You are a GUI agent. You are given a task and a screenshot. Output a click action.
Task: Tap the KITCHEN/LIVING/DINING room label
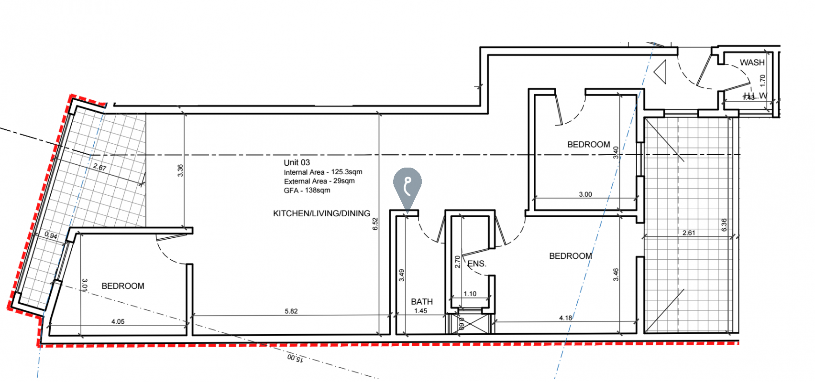[x=321, y=213]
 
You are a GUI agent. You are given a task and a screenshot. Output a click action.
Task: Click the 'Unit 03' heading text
[x=297, y=162]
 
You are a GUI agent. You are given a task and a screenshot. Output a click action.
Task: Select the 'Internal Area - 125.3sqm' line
[x=323, y=172]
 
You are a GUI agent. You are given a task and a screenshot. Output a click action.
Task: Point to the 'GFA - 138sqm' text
[x=307, y=190]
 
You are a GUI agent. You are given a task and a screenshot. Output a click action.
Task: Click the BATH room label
[x=422, y=301]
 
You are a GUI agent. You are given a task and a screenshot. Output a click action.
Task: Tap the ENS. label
[x=477, y=264]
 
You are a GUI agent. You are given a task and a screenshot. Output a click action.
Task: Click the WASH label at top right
[x=752, y=63]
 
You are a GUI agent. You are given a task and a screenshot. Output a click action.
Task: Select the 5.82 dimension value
[x=291, y=311]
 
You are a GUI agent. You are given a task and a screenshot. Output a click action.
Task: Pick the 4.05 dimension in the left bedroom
[x=118, y=321]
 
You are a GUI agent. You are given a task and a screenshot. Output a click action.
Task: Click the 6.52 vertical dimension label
[x=375, y=224]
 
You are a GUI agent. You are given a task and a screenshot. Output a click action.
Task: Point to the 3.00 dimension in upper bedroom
[x=585, y=194]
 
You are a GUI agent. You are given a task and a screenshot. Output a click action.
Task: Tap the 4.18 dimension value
[x=565, y=318]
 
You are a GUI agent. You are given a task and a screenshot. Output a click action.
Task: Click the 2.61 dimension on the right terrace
[x=689, y=233]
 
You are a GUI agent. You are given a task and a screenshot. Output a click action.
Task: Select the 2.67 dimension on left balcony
[x=99, y=167]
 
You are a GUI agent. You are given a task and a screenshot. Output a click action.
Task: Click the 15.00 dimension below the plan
[x=295, y=358]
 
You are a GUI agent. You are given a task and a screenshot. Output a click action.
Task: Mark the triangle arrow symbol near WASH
[x=661, y=72]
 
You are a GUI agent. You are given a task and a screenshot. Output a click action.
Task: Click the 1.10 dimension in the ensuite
[x=470, y=294]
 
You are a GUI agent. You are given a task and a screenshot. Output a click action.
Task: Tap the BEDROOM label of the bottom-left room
[x=123, y=286]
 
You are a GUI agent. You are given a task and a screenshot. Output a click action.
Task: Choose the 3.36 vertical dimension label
[x=180, y=170]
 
